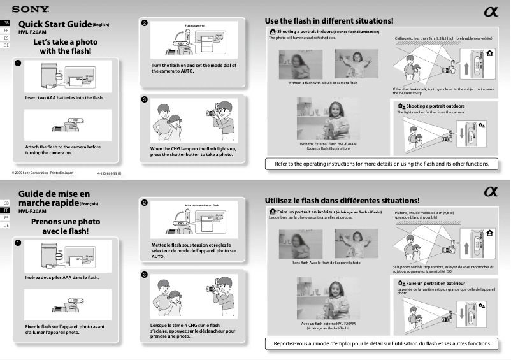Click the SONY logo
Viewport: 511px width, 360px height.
(x=29, y=9)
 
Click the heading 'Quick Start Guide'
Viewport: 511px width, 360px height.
(x=55, y=24)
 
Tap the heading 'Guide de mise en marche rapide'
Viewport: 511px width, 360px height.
(x=54, y=198)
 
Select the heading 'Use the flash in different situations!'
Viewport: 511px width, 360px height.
(x=329, y=21)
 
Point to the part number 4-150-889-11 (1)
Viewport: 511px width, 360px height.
(x=109, y=173)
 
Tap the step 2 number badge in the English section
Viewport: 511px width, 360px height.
(x=145, y=23)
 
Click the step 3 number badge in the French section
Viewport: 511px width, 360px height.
(x=145, y=275)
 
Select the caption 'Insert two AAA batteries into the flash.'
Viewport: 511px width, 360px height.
(x=64, y=97)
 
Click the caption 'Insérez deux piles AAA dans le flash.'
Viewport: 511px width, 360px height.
(x=62, y=277)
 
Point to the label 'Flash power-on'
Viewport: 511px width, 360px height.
(x=195, y=26)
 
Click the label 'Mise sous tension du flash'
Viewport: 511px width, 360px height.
(x=201, y=205)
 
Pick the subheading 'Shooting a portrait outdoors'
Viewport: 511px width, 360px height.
(x=435, y=106)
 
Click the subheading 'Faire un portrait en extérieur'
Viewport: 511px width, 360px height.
(x=435, y=282)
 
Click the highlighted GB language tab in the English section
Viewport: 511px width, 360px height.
(x=6, y=22)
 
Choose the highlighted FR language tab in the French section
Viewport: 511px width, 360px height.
(x=6, y=210)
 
